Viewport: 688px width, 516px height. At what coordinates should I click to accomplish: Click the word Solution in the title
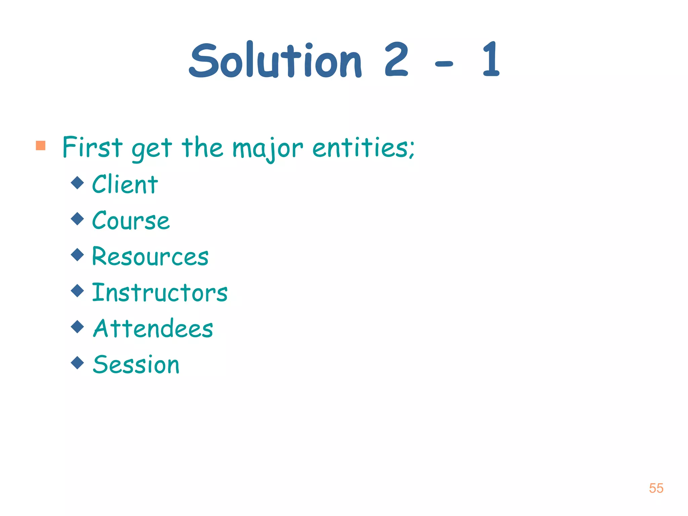[x=275, y=60]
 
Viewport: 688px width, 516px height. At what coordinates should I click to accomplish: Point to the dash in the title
[x=444, y=63]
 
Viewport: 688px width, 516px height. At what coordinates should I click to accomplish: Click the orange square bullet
[x=41, y=145]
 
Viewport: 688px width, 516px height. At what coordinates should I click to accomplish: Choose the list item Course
[x=131, y=221]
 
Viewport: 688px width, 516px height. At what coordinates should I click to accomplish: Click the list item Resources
[x=150, y=257]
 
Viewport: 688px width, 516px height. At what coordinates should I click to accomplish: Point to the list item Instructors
[x=160, y=293]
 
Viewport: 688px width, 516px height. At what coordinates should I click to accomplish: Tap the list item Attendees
[x=153, y=329]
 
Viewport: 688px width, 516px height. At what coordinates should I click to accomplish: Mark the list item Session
[x=136, y=364]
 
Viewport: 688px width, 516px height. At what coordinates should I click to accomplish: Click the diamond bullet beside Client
[x=78, y=183]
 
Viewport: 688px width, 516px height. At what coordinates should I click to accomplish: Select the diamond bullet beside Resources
[x=78, y=255]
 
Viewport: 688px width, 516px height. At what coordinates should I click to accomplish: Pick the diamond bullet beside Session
[x=78, y=362]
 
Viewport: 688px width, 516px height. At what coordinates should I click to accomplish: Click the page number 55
[x=656, y=488]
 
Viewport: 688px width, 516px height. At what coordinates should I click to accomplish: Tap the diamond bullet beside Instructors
[x=78, y=291]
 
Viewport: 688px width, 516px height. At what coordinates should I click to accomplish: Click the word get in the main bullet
[x=152, y=149]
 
